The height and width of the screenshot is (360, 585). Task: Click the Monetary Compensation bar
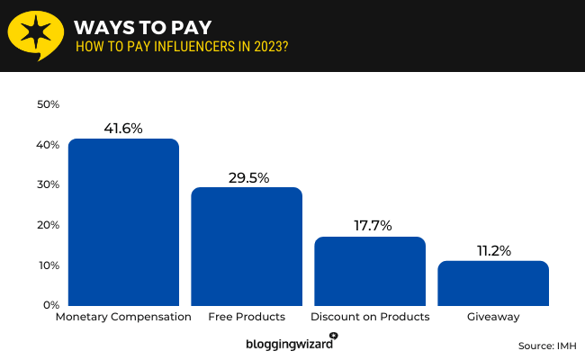[x=123, y=222]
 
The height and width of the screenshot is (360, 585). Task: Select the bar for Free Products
[x=247, y=247]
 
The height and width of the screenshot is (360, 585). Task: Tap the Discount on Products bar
[x=369, y=271]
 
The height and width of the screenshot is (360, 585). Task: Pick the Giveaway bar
[x=492, y=283]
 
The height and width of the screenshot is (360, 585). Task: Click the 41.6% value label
[x=123, y=129]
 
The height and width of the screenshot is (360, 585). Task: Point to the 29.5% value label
[x=247, y=177]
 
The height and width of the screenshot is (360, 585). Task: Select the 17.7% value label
[x=369, y=226]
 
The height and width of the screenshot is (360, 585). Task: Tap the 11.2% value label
[x=492, y=251]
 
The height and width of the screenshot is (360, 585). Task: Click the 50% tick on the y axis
[x=48, y=104]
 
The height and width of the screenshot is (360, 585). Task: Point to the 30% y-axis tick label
[x=48, y=184]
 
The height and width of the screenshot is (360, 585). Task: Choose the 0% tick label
[x=50, y=305]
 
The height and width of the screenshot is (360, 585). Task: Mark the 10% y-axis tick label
[x=48, y=265]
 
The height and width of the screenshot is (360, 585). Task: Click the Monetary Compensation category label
[x=123, y=318]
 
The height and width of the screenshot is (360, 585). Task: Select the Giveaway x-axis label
[x=492, y=318]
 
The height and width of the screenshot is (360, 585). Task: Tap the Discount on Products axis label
[x=369, y=318]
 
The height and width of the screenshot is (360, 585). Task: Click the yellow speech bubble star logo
[x=35, y=35]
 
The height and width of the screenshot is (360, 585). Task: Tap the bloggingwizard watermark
[x=291, y=343]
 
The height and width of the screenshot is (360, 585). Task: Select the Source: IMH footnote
[x=547, y=346]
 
